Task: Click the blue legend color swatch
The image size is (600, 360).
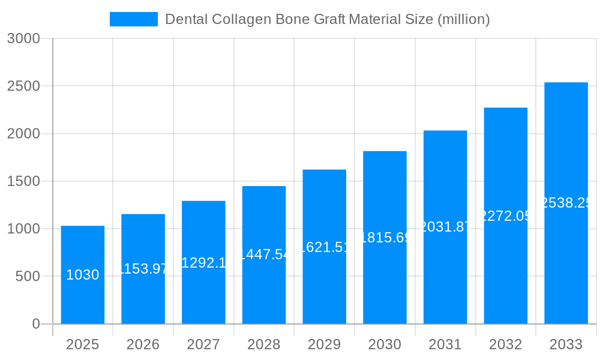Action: (133, 19)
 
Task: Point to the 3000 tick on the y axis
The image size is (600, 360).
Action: (23, 38)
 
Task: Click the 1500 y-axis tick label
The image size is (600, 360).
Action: (23, 181)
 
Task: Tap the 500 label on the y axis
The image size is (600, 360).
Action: (28, 277)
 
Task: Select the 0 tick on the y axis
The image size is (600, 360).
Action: (35, 324)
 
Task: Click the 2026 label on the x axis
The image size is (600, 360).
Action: (143, 344)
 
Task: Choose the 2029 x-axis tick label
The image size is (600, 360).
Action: (324, 344)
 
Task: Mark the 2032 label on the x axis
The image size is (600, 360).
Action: (505, 344)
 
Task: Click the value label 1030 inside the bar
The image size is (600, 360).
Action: (83, 275)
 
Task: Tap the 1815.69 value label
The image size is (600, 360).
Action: (385, 238)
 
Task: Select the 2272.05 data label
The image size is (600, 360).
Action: (506, 216)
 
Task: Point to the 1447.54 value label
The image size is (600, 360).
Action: (264, 254)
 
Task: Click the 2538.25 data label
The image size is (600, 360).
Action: (566, 203)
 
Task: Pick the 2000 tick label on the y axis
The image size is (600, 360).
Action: (23, 134)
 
